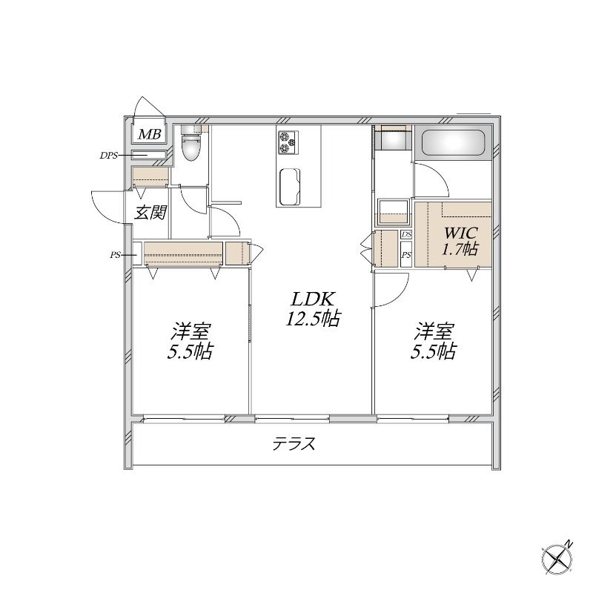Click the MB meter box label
[150, 134]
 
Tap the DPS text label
[108, 156]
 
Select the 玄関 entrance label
[150, 212]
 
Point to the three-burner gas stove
[288, 142]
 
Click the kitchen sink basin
[290, 187]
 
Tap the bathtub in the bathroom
[453, 142]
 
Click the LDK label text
[312, 299]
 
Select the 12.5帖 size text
[313, 319]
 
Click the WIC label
[461, 232]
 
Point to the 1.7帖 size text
[460, 248]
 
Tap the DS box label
[406, 234]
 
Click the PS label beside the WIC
[406, 255]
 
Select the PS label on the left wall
[115, 255]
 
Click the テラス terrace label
[294, 443]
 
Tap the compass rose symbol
[557, 560]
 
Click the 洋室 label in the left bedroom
[191, 331]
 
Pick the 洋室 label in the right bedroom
[434, 331]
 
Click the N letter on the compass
[569, 545]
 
